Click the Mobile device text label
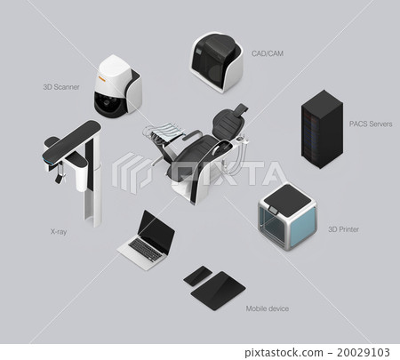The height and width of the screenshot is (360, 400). [267, 308]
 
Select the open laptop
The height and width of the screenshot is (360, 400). [147, 240]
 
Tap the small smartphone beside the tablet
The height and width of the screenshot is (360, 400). [197, 275]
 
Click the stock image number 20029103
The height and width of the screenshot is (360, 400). [368, 351]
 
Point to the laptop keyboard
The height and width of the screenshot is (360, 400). [140, 252]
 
